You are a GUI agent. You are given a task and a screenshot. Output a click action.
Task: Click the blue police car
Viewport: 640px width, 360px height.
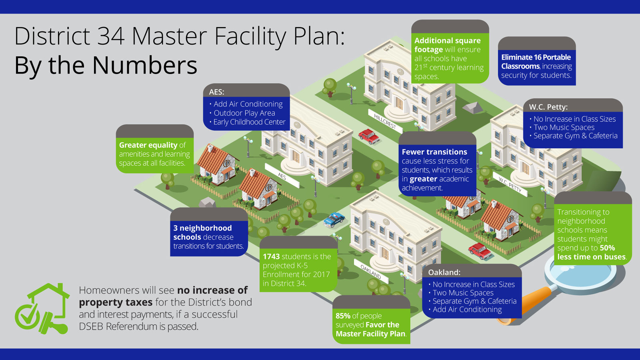point(334,220)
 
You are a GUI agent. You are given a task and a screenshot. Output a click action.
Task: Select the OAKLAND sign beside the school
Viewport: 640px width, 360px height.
point(371,271)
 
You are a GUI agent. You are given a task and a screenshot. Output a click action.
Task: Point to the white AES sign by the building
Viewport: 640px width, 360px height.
point(282,176)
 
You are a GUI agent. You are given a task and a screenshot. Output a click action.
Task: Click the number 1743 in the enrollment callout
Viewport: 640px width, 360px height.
point(271,256)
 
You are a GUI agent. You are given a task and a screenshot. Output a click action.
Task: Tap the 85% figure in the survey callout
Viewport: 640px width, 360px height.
point(343,316)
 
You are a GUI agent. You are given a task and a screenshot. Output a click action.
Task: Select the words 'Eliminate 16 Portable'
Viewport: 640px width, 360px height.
point(536,57)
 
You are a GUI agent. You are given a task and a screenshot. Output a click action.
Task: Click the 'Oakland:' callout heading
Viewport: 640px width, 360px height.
point(444,272)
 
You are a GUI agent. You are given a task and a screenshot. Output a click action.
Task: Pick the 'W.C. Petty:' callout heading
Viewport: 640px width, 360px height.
point(548,107)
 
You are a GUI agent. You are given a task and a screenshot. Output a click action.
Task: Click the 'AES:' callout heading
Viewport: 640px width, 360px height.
point(216,92)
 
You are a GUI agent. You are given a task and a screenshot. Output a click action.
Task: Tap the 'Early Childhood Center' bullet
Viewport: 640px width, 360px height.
point(248,122)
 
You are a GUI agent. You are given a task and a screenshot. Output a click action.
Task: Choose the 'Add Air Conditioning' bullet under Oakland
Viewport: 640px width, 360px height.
point(465,310)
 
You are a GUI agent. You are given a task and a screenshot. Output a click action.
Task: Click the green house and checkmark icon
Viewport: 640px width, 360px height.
point(42,308)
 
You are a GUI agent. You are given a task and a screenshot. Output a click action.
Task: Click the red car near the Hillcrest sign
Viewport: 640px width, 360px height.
point(369,136)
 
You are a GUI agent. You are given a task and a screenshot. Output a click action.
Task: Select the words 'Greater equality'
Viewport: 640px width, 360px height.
point(148,145)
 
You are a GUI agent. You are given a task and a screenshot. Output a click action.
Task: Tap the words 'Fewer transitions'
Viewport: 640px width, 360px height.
point(434,152)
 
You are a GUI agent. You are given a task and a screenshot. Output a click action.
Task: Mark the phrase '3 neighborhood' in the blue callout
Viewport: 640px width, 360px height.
point(202,228)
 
